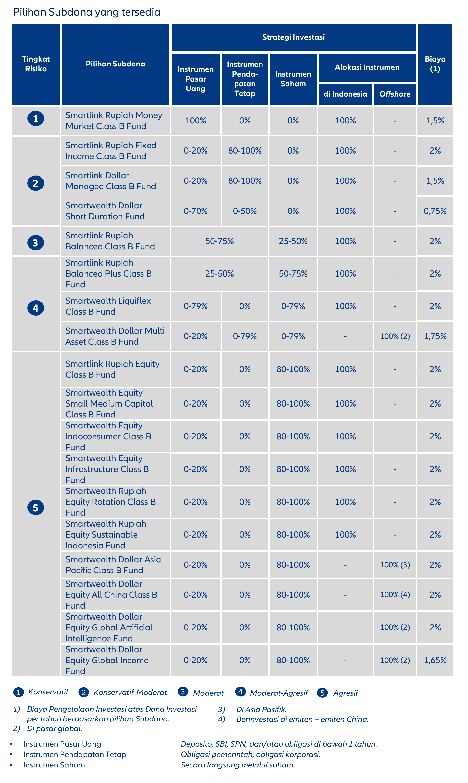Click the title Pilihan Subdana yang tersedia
pos(87,12)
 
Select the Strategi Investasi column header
pos(293,37)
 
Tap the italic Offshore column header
pos(395,94)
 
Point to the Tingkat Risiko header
pos(36,64)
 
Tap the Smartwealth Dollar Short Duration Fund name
pos(105,211)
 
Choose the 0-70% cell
pos(196,211)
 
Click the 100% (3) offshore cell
pos(395,565)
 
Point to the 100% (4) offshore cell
pos(395,595)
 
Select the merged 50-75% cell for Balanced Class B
pos(220,241)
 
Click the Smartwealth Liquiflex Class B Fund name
pos(108,306)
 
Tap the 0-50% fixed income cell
pos(245,211)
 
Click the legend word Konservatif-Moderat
pos(130,693)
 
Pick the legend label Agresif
pos(346,693)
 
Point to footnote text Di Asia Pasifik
pos(262,710)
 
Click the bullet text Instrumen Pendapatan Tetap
pos(75,754)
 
